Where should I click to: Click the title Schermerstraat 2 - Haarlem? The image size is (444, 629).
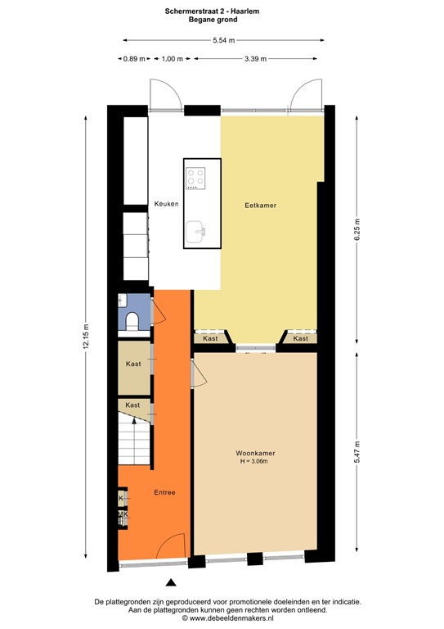click(x=222, y=11)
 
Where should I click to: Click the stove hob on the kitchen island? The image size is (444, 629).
click(x=195, y=178)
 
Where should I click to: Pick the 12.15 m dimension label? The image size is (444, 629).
click(x=85, y=335)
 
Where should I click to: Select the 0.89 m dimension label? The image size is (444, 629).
click(x=134, y=59)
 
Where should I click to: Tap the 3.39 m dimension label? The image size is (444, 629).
click(x=257, y=59)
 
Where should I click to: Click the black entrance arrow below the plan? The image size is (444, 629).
click(x=171, y=583)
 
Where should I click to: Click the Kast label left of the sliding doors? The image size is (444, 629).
click(x=210, y=338)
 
